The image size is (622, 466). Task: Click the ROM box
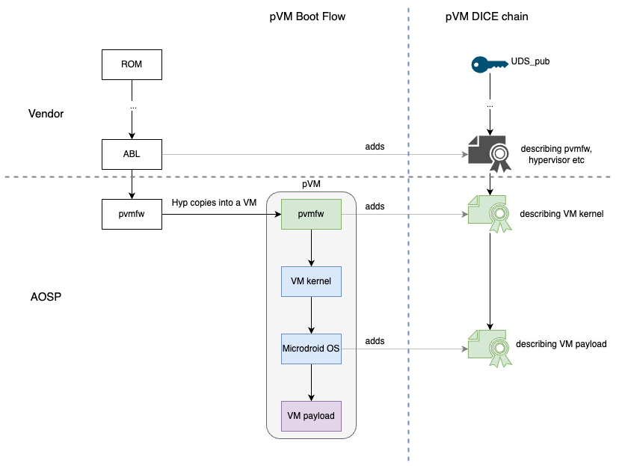[132, 64]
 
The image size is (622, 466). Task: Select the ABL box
[132, 155]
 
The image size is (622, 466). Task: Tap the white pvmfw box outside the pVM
[132, 215]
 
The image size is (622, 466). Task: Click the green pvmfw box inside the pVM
[311, 214]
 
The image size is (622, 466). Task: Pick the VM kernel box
[311, 282]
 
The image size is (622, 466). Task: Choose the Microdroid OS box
[311, 349]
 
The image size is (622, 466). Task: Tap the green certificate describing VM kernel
[489, 215]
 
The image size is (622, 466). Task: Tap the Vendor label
[46, 114]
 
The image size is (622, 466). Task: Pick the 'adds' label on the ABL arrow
[375, 147]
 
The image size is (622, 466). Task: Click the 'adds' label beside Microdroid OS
[375, 341]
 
